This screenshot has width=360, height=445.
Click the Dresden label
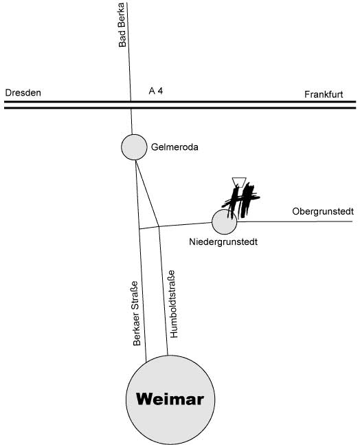(x=23, y=93)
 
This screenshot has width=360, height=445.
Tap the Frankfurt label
(x=324, y=94)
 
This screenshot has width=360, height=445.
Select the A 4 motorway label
(x=156, y=91)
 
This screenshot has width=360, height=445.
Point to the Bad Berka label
(x=122, y=25)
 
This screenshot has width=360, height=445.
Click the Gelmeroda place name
(x=175, y=147)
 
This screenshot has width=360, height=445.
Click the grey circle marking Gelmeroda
(x=134, y=147)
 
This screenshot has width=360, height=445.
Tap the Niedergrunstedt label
(x=223, y=242)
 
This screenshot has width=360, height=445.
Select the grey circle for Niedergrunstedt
(x=224, y=222)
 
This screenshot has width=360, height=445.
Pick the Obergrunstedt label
(x=323, y=211)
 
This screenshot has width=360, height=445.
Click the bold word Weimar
(x=170, y=399)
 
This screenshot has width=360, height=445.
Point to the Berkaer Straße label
(x=137, y=314)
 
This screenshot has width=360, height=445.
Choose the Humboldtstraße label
(x=173, y=304)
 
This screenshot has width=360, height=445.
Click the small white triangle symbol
(x=239, y=182)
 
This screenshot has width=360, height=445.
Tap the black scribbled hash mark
(x=241, y=201)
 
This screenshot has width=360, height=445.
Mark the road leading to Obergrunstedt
(x=295, y=221)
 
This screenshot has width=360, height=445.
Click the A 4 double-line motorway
(x=180, y=105)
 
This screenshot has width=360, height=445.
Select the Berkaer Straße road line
(x=141, y=261)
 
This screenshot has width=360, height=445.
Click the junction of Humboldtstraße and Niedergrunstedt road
(x=159, y=227)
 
